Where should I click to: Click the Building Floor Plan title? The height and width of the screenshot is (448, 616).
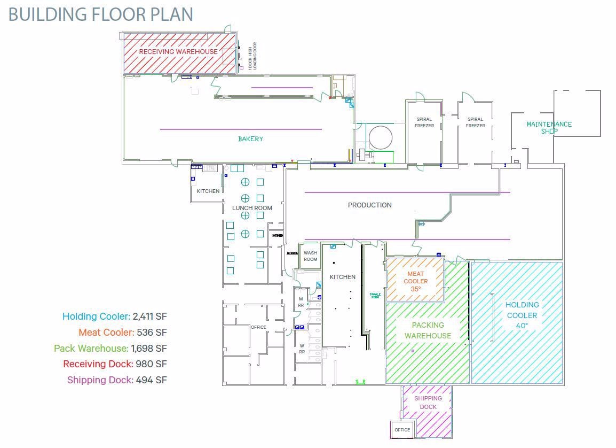point(100,14)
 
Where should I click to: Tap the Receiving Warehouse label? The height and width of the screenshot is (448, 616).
point(178,52)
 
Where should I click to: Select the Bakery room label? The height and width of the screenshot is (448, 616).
point(250,139)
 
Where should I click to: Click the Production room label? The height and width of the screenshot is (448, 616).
point(369,205)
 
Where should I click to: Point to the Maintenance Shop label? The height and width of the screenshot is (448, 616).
point(549,127)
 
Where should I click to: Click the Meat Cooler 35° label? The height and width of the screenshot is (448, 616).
point(415,281)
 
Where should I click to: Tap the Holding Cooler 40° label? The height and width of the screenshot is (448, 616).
point(522,315)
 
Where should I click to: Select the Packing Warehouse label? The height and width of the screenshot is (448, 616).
point(428,330)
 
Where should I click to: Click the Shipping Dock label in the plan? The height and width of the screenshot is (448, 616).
point(428,403)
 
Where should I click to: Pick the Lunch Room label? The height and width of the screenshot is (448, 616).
point(252,208)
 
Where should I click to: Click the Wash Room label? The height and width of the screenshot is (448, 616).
point(310,256)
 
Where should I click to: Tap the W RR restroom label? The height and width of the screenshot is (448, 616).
point(302,349)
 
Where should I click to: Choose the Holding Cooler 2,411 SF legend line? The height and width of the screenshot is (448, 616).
point(114,316)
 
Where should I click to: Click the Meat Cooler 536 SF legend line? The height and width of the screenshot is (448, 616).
point(122,333)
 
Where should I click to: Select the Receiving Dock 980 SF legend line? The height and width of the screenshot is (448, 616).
point(115,364)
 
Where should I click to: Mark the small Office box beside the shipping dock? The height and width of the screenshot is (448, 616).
point(402,429)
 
